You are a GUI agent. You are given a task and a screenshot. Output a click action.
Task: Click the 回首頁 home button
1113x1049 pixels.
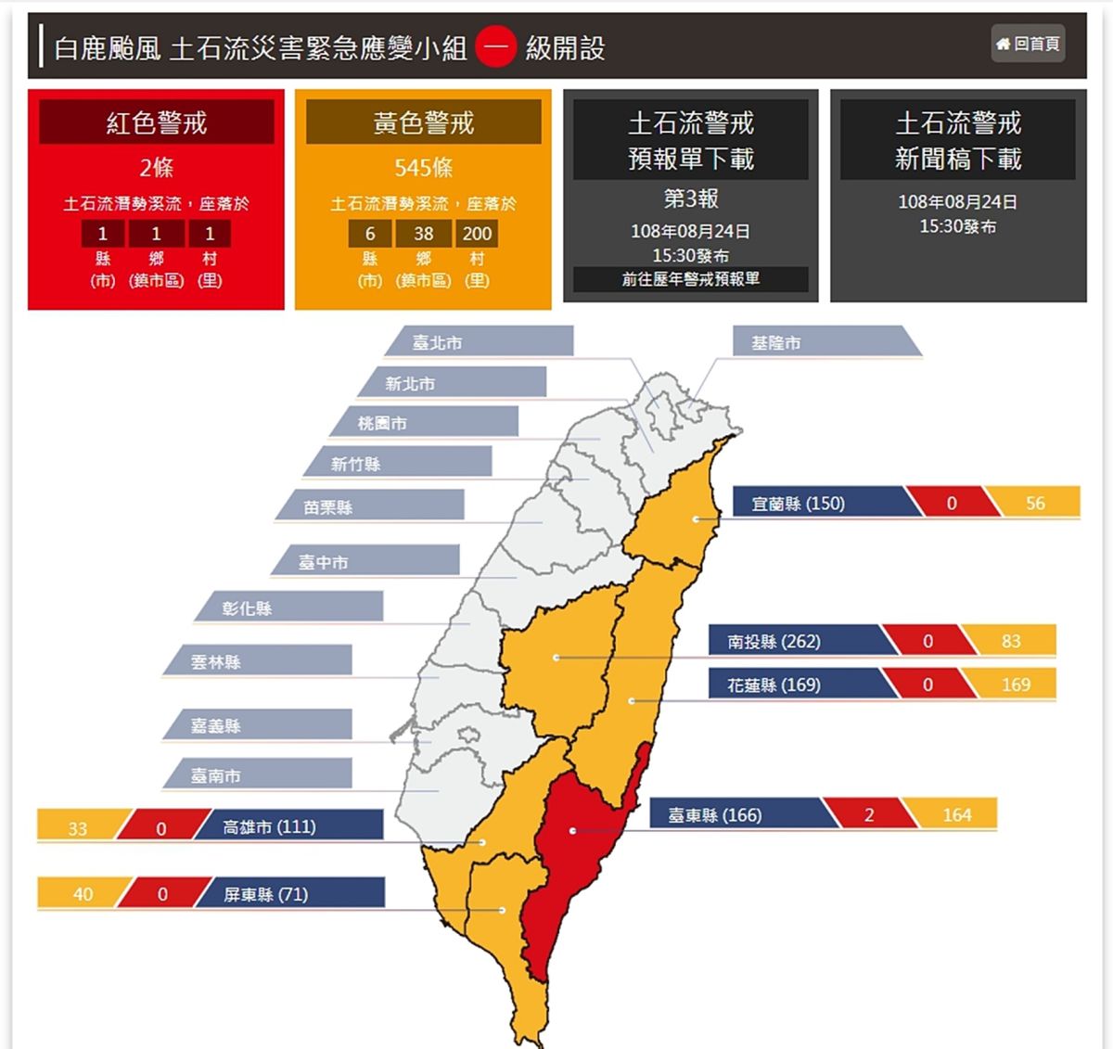tap(1028, 44)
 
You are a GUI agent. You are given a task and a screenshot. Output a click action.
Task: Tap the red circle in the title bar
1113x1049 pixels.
tap(496, 47)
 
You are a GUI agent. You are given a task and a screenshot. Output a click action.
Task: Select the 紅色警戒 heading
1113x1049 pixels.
tap(157, 122)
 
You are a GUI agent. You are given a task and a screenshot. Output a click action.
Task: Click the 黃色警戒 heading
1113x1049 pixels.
tap(423, 122)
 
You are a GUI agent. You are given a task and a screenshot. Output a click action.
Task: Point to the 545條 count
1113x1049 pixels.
tap(423, 168)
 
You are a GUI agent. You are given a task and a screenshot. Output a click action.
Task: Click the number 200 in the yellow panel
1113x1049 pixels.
tap(477, 234)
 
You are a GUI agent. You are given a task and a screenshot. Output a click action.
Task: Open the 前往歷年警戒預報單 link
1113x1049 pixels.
tap(690, 279)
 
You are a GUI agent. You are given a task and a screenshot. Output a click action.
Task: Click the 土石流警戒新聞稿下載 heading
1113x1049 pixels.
tap(957, 140)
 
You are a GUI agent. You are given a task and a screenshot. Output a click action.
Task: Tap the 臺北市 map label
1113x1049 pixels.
tap(438, 342)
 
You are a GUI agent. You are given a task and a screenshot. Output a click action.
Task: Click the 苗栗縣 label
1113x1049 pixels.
tap(328, 507)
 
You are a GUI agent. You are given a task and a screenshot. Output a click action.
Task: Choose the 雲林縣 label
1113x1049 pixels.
tap(216, 662)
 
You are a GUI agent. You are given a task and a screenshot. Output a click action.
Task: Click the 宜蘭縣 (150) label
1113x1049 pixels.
tap(798, 504)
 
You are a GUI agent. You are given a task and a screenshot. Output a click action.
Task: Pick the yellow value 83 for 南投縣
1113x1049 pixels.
tap(1010, 641)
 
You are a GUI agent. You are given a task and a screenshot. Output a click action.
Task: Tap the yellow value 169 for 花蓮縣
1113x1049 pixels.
tap(1015, 684)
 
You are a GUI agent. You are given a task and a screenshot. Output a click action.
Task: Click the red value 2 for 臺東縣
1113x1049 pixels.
tap(869, 814)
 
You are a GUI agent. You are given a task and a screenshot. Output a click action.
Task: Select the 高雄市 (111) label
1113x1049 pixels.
tap(269, 826)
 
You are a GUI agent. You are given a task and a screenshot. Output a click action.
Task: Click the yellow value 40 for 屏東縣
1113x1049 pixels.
tap(83, 894)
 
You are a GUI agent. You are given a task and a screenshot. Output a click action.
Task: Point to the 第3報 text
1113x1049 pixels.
tap(690, 198)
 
